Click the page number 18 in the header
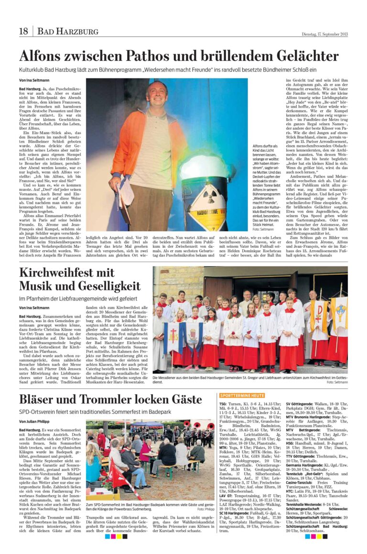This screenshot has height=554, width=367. (x=23, y=32)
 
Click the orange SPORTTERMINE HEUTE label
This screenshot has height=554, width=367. (x=242, y=396)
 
